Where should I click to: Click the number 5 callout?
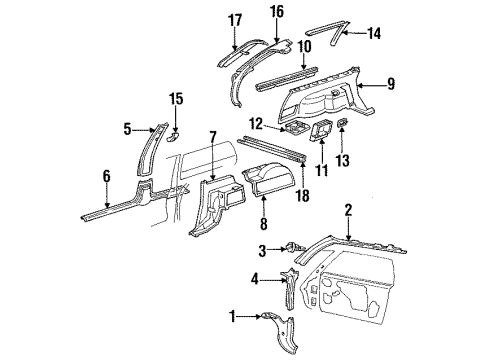click(x=127, y=128)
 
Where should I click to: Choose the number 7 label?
click(x=212, y=136)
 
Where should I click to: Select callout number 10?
click(x=304, y=47)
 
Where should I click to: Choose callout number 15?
click(x=176, y=98)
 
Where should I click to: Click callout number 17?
click(x=235, y=19)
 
